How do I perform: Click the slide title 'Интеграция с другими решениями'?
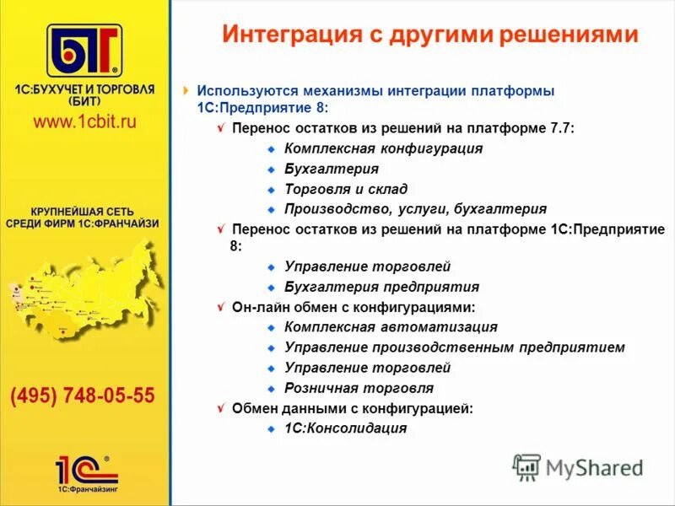(429, 35)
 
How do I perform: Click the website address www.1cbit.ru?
(84, 121)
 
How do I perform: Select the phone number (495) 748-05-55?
(83, 396)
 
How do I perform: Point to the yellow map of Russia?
(84, 291)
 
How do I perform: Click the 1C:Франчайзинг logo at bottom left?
(85, 472)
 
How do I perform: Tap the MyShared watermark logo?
(579, 466)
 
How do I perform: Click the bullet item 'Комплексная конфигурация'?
(383, 148)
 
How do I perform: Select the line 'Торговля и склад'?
(346, 189)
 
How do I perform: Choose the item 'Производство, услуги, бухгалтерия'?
(415, 209)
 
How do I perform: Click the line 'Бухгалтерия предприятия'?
(381, 287)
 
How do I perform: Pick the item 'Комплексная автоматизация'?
(391, 327)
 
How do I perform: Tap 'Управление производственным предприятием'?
(455, 347)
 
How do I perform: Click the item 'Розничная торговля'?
(359, 388)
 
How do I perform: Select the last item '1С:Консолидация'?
(345, 428)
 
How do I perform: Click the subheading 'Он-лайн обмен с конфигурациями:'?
(354, 307)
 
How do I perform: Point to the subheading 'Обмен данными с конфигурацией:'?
(352, 408)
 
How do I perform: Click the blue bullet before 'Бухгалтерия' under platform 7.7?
(272, 169)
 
